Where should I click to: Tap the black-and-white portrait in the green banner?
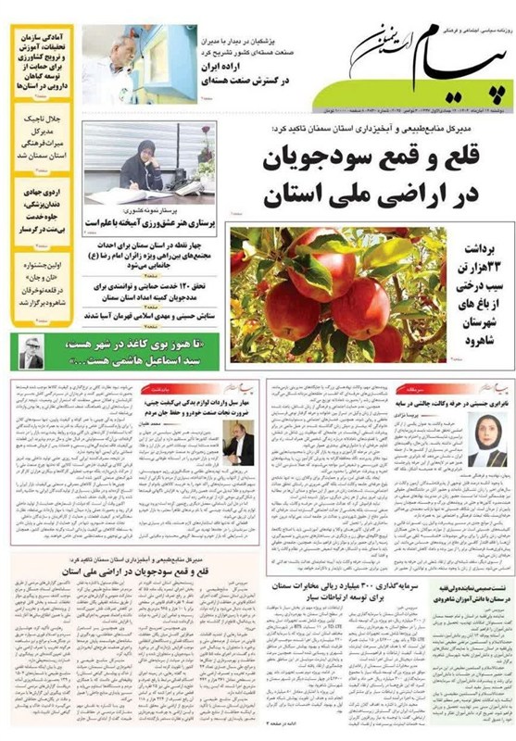(32, 352)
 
